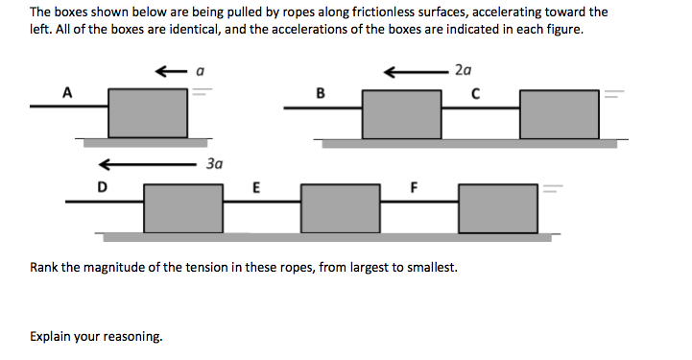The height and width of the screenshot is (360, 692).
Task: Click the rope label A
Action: [66, 93]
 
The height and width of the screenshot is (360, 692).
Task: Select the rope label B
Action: [320, 93]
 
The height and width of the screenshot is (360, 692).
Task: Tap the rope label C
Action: [475, 93]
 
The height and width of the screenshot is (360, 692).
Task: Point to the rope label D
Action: [101, 186]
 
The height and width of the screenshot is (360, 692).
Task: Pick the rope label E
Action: [256, 186]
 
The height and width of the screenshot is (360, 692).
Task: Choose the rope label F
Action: [415, 186]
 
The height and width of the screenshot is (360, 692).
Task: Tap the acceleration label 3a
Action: [214, 163]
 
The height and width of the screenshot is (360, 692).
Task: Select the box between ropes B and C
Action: [401, 113]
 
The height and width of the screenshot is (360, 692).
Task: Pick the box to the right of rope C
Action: [559, 113]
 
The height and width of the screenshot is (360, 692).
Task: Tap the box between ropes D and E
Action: [183, 207]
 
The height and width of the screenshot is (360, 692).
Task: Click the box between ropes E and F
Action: [340, 207]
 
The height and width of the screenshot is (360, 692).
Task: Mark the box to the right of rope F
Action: [498, 207]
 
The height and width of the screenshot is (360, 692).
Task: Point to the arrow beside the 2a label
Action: [415, 70]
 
